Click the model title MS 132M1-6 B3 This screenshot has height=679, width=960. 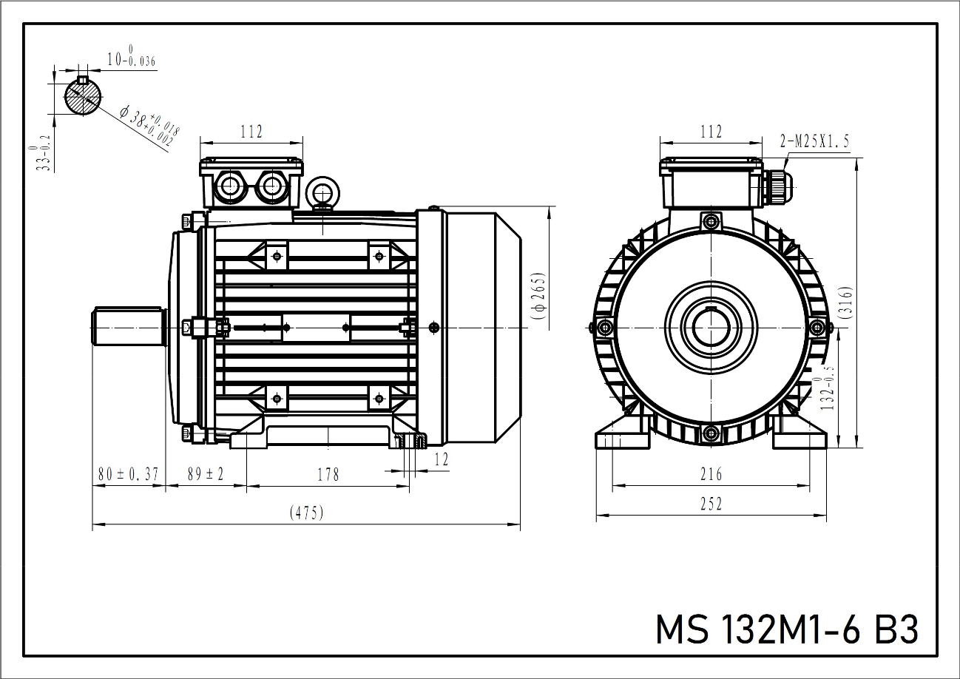point(787,629)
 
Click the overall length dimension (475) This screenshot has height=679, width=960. point(306,513)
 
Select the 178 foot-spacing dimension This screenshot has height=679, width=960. point(327,474)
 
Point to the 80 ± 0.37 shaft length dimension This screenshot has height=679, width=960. point(128,474)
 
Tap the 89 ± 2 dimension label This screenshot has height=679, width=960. point(205,474)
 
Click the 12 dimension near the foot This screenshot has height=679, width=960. point(441,459)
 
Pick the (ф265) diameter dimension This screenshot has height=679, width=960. point(538,296)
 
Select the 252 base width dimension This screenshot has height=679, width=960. point(711,504)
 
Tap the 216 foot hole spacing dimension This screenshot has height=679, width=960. point(711,474)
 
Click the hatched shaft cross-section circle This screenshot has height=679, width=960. point(82,95)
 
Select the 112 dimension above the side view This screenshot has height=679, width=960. point(251,132)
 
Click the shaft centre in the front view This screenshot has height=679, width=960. point(711,326)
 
